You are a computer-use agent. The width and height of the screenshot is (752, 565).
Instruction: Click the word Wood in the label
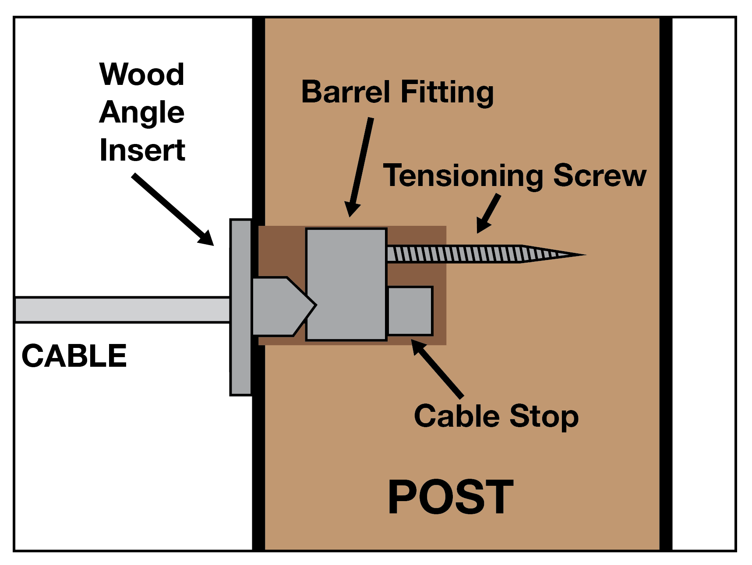(x=141, y=74)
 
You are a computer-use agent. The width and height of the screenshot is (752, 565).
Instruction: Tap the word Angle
(x=141, y=112)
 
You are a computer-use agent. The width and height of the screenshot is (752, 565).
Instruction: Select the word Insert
(x=142, y=150)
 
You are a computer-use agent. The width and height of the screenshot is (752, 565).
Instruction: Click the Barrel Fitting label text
(x=397, y=92)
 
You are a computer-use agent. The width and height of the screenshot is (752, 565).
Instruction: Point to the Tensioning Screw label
(x=514, y=175)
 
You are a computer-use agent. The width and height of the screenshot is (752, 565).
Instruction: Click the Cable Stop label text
(x=496, y=416)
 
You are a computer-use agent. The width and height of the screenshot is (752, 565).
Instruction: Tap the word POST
(x=451, y=497)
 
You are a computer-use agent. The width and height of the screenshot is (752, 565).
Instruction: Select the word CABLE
(x=74, y=356)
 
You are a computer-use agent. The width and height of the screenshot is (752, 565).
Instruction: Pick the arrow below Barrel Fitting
(x=360, y=167)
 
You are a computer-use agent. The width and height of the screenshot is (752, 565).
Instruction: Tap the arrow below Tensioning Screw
(x=489, y=213)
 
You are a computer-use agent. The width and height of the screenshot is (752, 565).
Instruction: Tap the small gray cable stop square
(x=410, y=311)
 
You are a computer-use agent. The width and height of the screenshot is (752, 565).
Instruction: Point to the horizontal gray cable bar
(x=123, y=310)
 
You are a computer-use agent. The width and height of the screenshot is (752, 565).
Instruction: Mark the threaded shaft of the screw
(x=455, y=254)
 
